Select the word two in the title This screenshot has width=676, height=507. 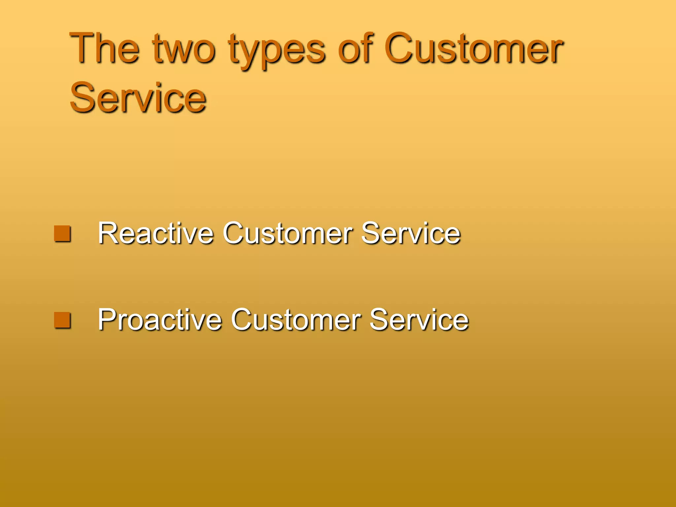pos(184,49)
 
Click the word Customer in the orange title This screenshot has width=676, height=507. pos(474,49)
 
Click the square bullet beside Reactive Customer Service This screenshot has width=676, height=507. pos(62,234)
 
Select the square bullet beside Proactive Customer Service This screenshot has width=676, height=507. pos(62,320)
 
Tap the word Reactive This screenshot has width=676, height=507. pos(155,233)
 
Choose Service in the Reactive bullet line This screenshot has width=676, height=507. pos(411,233)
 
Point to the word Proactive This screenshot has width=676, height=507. pos(160,320)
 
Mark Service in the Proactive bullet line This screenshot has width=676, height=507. pos(419,320)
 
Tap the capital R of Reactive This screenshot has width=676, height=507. pos(108,233)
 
